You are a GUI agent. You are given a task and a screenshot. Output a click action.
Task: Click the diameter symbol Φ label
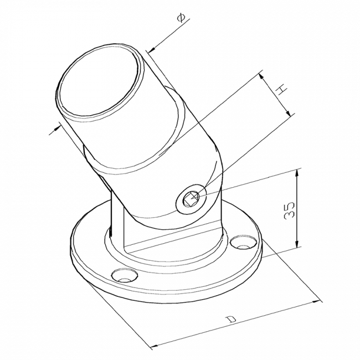(181, 18)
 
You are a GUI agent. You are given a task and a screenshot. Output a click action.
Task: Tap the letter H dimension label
(281, 89)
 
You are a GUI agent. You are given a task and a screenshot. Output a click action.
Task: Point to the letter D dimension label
(231, 319)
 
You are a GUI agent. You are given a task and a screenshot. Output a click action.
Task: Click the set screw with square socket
(191, 198)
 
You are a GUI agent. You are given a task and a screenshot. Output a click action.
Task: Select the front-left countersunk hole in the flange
(125, 275)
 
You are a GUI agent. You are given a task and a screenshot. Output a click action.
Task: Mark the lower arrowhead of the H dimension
(288, 112)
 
